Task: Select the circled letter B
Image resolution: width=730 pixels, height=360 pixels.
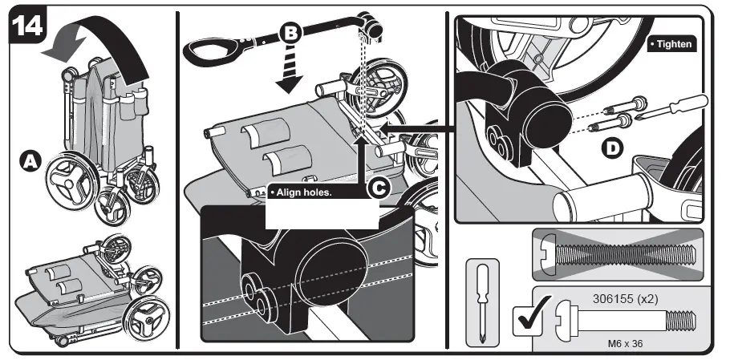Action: click(290, 34)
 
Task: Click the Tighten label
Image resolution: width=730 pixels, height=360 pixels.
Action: click(671, 45)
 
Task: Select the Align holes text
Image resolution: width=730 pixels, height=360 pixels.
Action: click(303, 193)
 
